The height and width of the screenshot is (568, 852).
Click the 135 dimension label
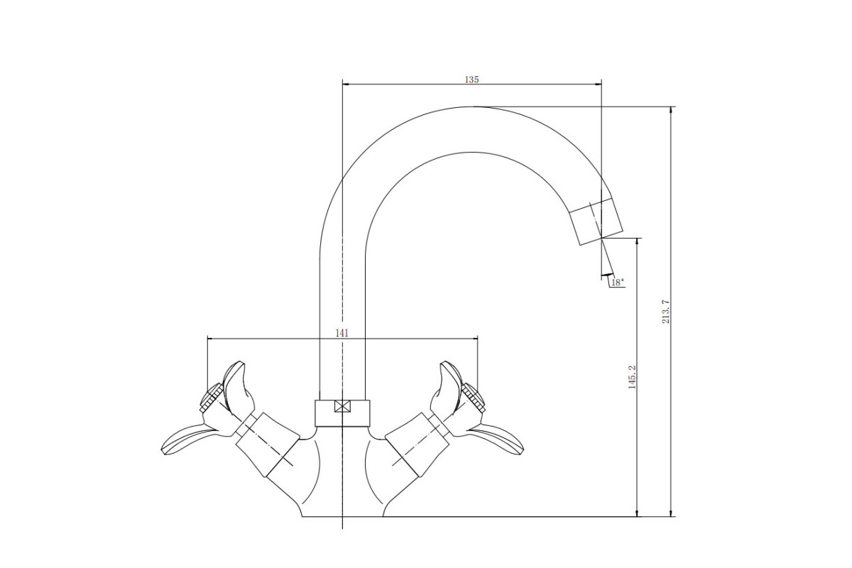point(471,80)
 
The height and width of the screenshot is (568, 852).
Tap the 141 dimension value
point(342,333)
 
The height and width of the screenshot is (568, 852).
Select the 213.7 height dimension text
point(665,312)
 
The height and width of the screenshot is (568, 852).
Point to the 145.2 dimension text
point(632,377)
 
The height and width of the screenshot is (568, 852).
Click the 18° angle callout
point(617,283)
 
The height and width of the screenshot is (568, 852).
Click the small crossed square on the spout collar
point(342,406)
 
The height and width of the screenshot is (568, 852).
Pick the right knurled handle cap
point(473,397)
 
